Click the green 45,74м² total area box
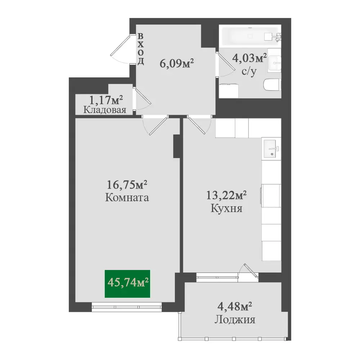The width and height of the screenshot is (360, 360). [127, 284]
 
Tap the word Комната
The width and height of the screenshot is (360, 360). [127, 198]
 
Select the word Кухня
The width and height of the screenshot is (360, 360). [226, 209]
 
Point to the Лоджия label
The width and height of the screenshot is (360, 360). [235, 320]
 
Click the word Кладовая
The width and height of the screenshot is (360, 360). [105, 110]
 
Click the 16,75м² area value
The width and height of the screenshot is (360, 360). [127, 184]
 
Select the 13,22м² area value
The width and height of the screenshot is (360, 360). [226, 195]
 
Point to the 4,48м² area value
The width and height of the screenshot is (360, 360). [235, 306]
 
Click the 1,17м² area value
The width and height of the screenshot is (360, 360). [106, 100]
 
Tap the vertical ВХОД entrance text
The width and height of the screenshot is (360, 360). [140, 49]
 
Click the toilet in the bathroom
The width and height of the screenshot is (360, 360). [272, 85]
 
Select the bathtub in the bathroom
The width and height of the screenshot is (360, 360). [250, 36]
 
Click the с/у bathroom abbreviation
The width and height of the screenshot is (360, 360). [249, 72]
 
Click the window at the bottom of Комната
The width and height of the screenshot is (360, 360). [127, 307]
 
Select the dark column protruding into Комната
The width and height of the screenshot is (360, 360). [176, 146]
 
